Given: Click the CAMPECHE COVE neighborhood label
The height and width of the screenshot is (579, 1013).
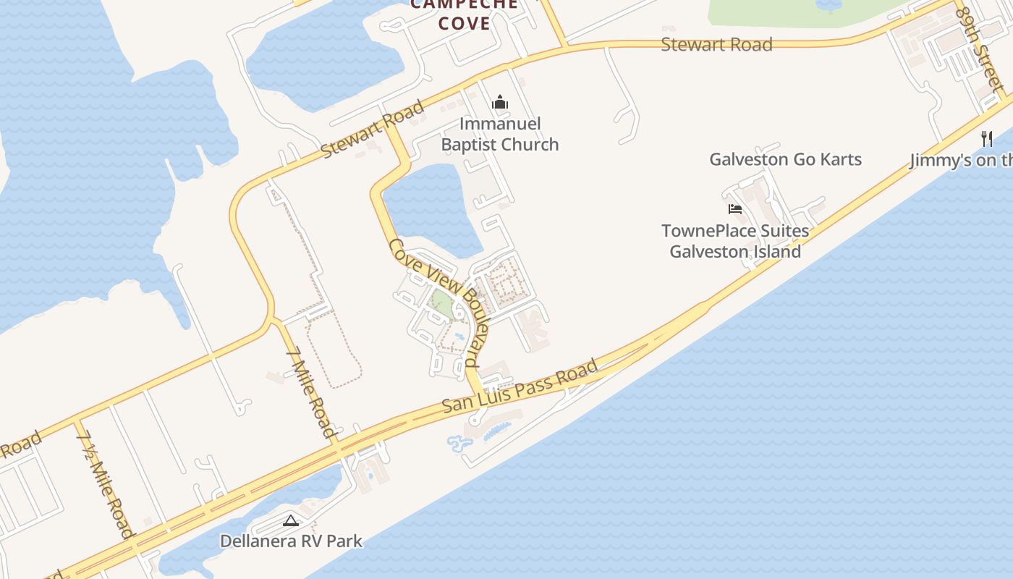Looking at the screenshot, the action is pyautogui.click(x=464, y=14).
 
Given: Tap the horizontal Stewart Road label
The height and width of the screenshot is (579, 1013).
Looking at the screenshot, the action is pyautogui.click(x=716, y=44).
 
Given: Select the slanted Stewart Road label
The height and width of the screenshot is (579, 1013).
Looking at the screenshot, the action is pyautogui.click(x=372, y=130).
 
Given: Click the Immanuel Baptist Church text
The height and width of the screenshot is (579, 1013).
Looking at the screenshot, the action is pyautogui.click(x=500, y=134).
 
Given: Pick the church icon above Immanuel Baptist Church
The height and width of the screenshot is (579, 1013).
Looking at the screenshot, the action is pyautogui.click(x=500, y=103).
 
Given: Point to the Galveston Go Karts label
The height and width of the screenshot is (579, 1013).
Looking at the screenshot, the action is pyautogui.click(x=785, y=159).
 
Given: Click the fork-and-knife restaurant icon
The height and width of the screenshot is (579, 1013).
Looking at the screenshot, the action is pyautogui.click(x=987, y=138).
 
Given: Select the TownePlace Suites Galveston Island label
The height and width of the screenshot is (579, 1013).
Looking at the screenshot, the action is pyautogui.click(x=735, y=241).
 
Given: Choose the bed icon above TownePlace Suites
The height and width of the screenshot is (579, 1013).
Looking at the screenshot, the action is pyautogui.click(x=735, y=209).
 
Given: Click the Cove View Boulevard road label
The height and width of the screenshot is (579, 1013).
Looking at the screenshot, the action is pyautogui.click(x=444, y=303).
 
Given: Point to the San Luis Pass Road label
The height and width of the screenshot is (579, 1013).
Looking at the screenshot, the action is pyautogui.click(x=520, y=386).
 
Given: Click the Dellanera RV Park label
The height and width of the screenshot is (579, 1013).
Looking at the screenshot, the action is pyautogui.click(x=291, y=541).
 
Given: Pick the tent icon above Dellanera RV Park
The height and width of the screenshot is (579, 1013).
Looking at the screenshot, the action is pyautogui.click(x=291, y=520).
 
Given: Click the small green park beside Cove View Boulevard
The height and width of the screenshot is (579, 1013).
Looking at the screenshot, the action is pyautogui.click(x=442, y=305).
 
